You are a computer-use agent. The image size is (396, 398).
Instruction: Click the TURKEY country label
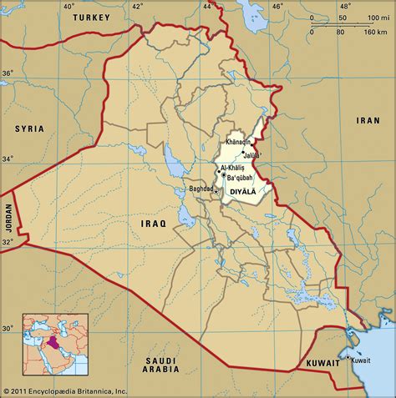point(93,18)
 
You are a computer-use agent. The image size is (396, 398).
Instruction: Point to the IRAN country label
point(368,120)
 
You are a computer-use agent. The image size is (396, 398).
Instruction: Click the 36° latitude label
point(7,73)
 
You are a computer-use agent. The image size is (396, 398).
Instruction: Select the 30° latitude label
point(7,328)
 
